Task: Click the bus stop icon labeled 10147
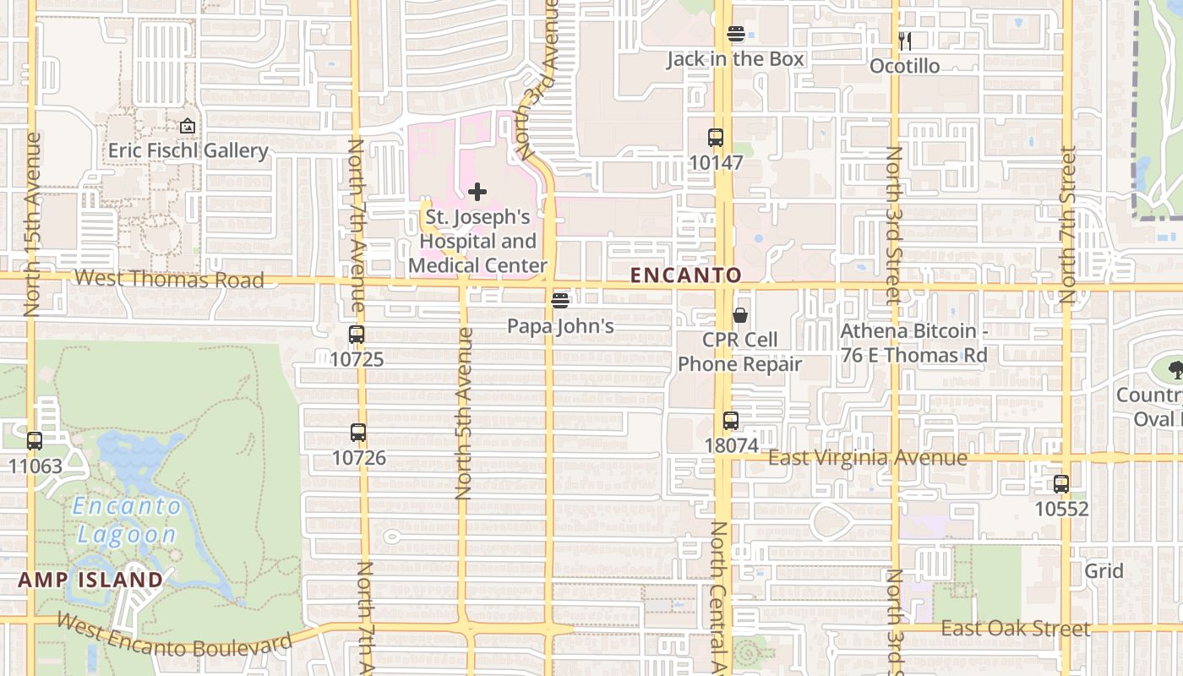(716, 137)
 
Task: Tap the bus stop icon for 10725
(357, 334)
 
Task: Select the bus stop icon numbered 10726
(358, 433)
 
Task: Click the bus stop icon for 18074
(731, 420)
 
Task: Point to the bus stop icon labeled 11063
(35, 440)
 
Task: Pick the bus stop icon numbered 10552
(1061, 484)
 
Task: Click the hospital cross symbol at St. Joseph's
(477, 192)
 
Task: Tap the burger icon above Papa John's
(560, 301)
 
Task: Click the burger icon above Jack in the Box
(736, 34)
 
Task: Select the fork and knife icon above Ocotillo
(904, 40)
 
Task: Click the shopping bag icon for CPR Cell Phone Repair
(740, 315)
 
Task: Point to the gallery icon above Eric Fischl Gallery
(188, 127)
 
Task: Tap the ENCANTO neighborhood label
(686, 275)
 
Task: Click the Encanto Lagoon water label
(127, 520)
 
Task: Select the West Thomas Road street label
(169, 279)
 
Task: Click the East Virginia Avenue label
(868, 458)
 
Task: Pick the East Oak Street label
(1015, 628)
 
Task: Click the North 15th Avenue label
(33, 225)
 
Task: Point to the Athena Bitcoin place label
(913, 343)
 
